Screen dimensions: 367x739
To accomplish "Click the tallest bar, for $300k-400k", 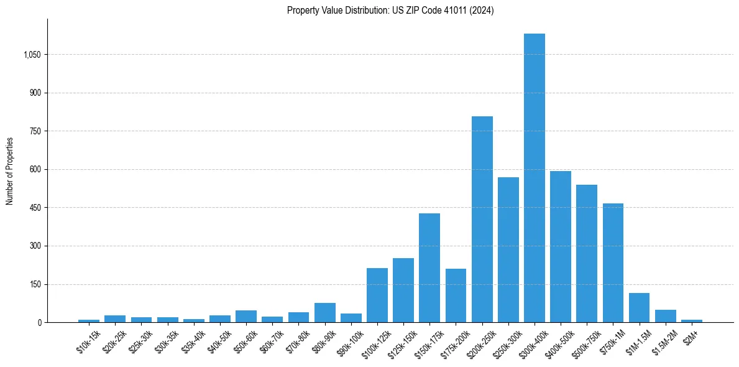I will [535, 178].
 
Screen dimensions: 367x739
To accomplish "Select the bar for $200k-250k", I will [482, 219].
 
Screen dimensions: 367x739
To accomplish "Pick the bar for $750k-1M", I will [613, 262].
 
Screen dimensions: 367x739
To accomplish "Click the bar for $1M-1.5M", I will [639, 307].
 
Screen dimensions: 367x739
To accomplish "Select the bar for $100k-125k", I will [377, 295].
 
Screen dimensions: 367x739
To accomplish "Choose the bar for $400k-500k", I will [561, 246].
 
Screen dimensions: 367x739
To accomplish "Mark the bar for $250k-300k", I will [508, 249].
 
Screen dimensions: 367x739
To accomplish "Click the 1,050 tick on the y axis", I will [32, 55].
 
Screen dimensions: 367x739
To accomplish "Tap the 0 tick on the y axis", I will [39, 322].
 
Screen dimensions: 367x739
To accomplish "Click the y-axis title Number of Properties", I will [10, 171].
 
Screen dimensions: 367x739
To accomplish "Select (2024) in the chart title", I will [482, 11].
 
